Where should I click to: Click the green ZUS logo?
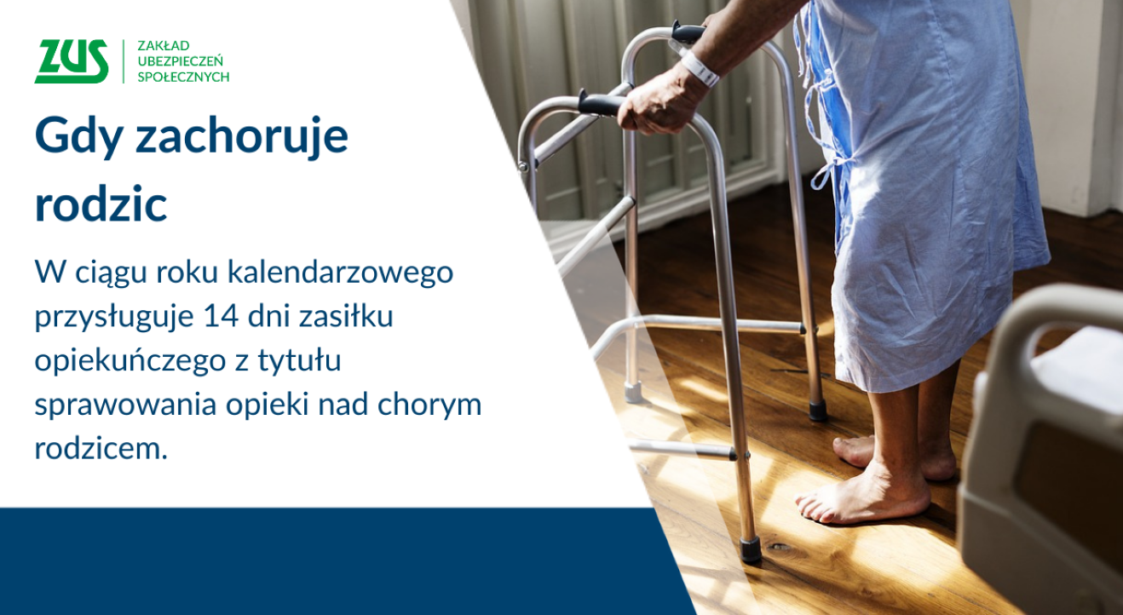72,61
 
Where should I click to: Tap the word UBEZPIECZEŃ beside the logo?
180,60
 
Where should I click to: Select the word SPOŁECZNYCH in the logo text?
183,77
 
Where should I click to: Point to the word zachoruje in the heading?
242,136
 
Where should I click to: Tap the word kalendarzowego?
340,273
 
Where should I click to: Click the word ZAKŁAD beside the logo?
163,44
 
